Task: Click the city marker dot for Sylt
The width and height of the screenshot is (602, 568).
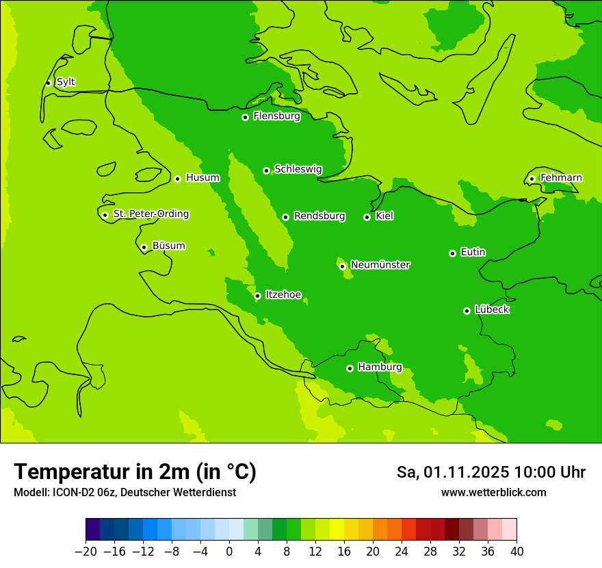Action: tap(48, 83)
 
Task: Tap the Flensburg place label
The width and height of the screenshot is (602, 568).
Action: tap(276, 116)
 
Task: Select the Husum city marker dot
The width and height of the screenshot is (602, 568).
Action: tap(177, 179)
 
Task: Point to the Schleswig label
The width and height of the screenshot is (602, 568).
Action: tap(298, 169)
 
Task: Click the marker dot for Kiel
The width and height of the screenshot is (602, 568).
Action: tap(367, 217)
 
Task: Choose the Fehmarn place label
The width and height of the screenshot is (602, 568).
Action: tap(561, 178)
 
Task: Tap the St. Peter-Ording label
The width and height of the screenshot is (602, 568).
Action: tap(150, 214)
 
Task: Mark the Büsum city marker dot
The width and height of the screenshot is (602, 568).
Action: tap(144, 247)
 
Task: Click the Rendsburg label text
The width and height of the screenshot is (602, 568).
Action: tap(319, 216)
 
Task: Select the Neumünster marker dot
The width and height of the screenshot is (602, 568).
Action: tap(342, 266)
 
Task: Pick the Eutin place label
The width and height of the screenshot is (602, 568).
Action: tap(473, 253)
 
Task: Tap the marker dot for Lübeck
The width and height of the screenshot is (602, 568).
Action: tap(467, 311)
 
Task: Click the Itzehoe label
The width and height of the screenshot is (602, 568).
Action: tap(283, 295)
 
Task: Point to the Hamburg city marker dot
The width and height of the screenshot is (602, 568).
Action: tap(350, 368)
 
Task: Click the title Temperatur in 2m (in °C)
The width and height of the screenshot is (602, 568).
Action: tap(135, 472)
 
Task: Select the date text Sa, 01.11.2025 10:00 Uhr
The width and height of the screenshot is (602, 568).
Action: tap(490, 472)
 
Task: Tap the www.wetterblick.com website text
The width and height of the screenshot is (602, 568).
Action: tap(493, 492)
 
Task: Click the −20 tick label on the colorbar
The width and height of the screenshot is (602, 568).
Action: tap(86, 552)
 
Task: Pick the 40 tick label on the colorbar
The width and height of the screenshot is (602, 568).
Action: tap(516, 552)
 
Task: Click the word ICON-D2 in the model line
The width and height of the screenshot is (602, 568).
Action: tap(70, 492)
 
